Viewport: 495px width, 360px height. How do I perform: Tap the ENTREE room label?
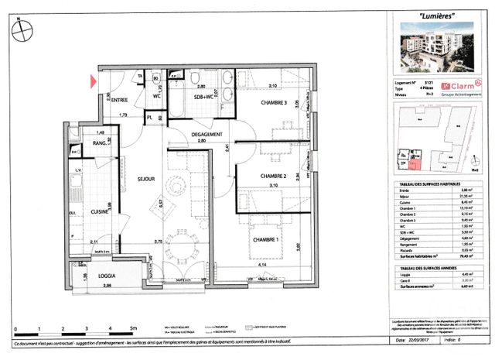(119, 101)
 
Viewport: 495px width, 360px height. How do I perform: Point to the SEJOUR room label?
(147, 179)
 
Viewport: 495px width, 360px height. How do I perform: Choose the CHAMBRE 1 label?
(265, 240)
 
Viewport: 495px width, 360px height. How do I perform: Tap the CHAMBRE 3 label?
(273, 104)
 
